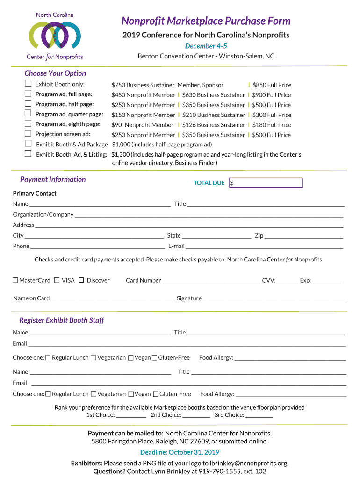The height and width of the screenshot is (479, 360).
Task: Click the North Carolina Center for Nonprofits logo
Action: coord(55,36)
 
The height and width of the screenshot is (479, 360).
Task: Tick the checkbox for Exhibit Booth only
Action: coord(28,84)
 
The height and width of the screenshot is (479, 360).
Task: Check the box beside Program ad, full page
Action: coord(28,94)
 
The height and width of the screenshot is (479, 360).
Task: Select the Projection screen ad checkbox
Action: coord(28,134)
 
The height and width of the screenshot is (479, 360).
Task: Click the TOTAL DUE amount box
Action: coord(266,183)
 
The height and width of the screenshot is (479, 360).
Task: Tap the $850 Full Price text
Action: coord(272,85)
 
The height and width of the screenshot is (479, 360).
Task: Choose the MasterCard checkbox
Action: coord(15,280)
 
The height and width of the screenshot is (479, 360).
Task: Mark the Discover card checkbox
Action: coord(81,280)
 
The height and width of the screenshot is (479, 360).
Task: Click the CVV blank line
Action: coord(287,281)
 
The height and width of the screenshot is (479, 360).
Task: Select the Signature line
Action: coord(274,298)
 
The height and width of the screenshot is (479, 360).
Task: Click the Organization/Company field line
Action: coord(209,215)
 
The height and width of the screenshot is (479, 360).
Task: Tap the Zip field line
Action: coord(304,236)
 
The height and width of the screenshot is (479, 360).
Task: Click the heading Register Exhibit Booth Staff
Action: coord(62,320)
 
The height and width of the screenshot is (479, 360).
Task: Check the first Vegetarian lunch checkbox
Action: coord(94,358)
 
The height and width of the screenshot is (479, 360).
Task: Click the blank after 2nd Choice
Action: coord(196,415)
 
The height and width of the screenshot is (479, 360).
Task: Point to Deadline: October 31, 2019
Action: coord(180,452)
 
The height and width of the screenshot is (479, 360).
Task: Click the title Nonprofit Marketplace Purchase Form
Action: coord(206,21)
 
